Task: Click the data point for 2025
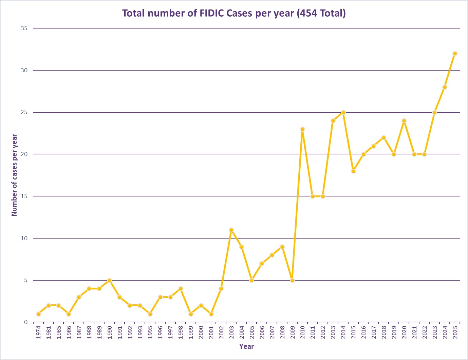[455, 53]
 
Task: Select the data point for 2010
[302, 129]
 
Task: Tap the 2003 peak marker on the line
[231, 230]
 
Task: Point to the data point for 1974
[38, 314]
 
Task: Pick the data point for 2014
[343, 112]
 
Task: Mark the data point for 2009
[292, 280]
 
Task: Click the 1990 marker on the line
[109, 280]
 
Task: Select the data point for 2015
[353, 171]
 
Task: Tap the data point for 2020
[404, 120]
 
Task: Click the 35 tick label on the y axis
[24, 28]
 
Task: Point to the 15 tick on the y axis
[24, 196]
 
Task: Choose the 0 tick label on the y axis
[25, 322]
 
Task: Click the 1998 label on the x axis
[181, 333]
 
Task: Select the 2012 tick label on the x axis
[323, 333]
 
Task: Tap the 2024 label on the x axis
[445, 333]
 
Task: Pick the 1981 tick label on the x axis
[49, 333]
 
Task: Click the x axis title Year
[246, 346]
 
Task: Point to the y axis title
[14, 175]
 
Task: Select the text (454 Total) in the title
[321, 13]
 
